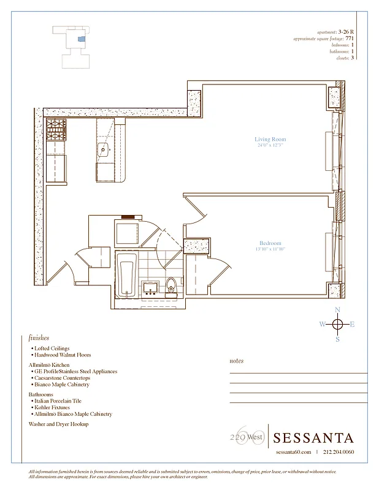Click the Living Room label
point(270,140)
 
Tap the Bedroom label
point(270,243)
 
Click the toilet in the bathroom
point(171,285)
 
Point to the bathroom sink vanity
point(150,288)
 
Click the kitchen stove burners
point(56,130)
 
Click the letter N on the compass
point(337,311)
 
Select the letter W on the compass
point(322,325)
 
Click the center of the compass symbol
point(337,325)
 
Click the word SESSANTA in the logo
point(313,438)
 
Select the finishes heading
point(39,337)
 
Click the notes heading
point(236,361)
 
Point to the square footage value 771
point(350,39)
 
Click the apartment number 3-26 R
point(346,32)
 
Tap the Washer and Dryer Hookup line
point(58,424)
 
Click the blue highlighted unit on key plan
point(82,38)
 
